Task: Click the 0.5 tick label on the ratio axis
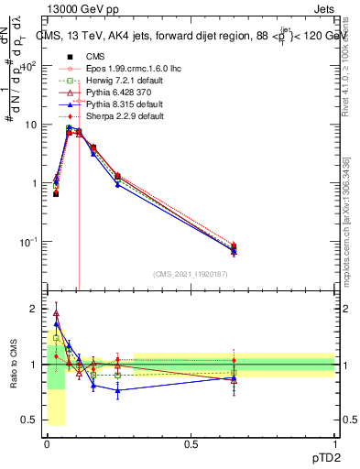tap(29, 420)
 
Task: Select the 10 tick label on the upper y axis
tap(29, 125)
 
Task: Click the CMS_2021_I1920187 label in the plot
tap(191, 274)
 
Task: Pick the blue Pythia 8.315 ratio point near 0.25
tap(117, 390)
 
